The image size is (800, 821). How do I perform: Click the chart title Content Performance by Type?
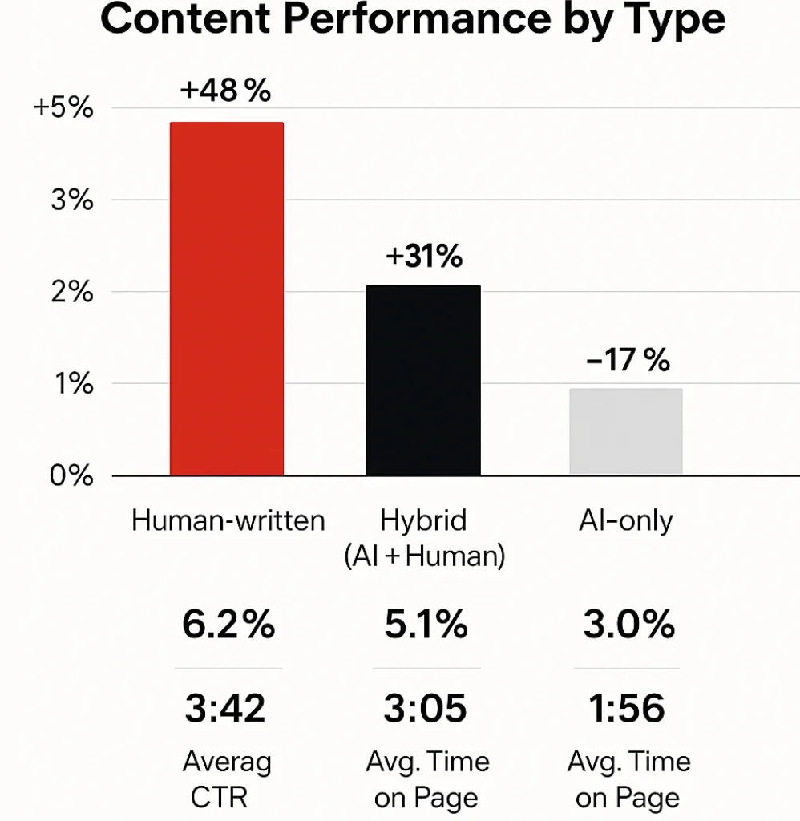point(413,22)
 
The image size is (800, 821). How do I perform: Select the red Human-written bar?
point(227,298)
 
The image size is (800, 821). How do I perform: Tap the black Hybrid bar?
point(423,380)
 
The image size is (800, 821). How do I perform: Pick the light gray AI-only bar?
point(625,432)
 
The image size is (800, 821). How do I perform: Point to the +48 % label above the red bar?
point(225,91)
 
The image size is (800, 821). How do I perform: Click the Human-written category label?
point(228,521)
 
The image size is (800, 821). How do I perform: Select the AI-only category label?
point(626,521)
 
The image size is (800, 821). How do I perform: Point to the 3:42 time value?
point(226,709)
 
